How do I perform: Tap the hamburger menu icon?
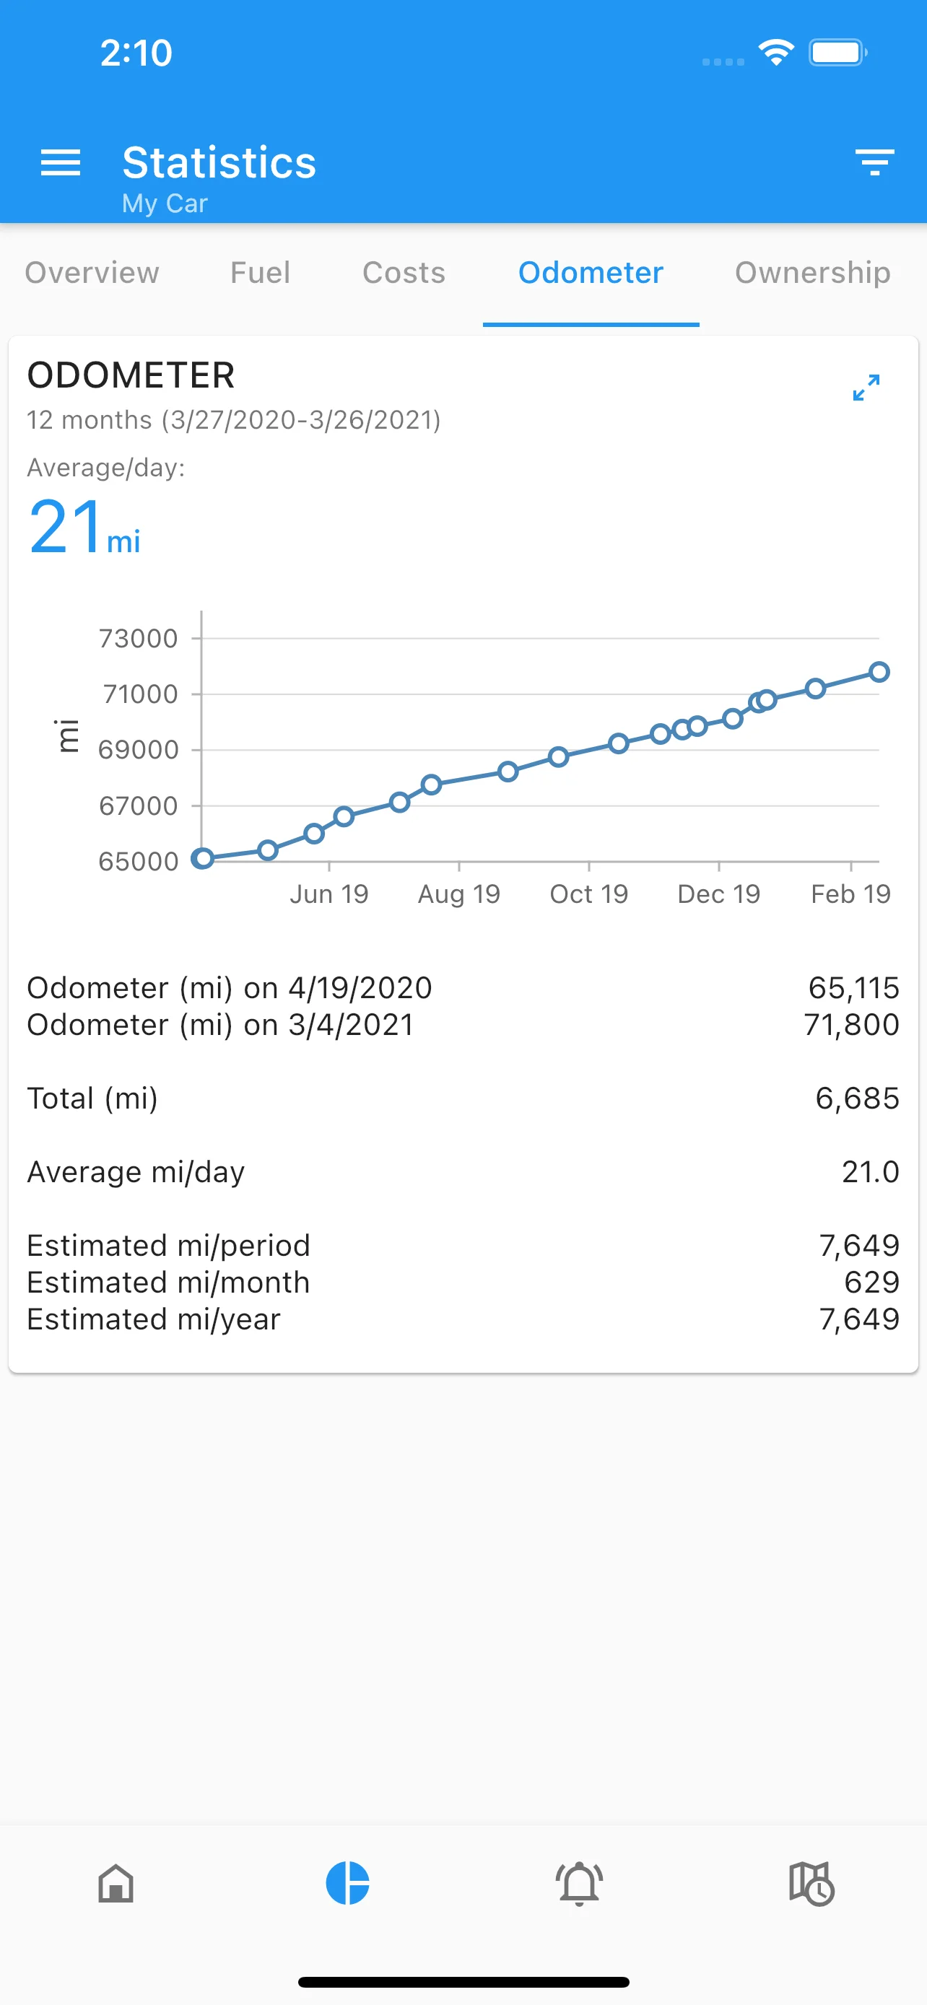pos(61,162)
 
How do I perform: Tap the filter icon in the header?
pos(874,162)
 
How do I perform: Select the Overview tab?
pos(92,272)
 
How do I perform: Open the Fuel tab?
pos(260,272)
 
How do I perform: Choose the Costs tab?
pos(404,272)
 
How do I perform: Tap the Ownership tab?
pos(813,272)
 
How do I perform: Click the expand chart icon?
pos(866,387)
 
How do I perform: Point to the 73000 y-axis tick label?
pos(139,638)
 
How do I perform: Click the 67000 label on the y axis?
pos(139,805)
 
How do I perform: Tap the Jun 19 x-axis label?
pos(329,894)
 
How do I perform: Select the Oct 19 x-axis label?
pos(589,894)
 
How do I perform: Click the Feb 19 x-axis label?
pos(850,894)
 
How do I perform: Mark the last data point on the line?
pos(879,672)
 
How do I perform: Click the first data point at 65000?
pos(203,858)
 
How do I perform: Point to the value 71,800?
pos(851,1024)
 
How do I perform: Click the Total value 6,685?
pos(857,1098)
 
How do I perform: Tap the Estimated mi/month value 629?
pos(871,1282)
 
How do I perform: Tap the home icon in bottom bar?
pos(116,1884)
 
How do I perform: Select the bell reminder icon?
pos(579,1884)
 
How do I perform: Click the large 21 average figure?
pos(66,527)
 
